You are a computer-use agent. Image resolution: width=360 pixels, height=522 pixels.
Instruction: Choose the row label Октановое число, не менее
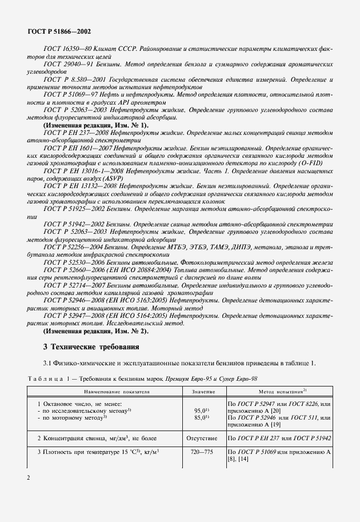[x=80, y=404]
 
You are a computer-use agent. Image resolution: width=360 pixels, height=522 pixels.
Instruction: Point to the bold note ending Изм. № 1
[x=95, y=125]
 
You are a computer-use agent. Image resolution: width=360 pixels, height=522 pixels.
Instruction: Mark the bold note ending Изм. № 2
[x=95, y=331]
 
